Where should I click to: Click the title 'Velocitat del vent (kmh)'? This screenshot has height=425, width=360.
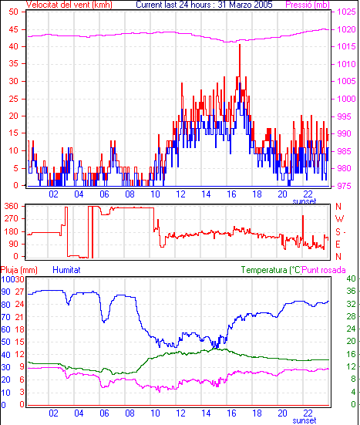69,5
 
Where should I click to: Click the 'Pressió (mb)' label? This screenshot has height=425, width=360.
308,5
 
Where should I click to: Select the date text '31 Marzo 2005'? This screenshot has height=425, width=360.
245,5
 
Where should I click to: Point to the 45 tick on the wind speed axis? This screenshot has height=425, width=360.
14,29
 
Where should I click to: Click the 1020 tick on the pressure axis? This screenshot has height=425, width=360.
346,29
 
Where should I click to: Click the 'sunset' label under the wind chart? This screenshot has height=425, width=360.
304,201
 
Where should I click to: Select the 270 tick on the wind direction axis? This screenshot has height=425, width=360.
12,218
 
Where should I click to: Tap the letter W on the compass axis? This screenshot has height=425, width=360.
339,219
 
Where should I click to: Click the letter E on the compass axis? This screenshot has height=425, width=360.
338,245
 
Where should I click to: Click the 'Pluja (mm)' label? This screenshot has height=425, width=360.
19,270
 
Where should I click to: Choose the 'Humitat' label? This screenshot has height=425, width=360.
66,270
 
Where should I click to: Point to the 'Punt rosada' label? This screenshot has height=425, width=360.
324,270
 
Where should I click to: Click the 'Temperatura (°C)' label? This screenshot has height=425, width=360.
271,270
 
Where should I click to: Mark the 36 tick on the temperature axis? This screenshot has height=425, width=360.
351,291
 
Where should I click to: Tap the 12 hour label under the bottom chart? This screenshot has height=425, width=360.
180,413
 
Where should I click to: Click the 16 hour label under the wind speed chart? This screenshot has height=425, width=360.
231,194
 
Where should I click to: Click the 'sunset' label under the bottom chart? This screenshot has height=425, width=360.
304,420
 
